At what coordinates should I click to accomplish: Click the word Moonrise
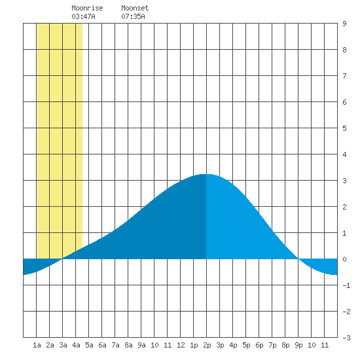point(87,9)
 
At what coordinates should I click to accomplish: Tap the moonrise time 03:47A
point(83,16)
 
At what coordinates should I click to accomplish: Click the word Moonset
point(135,9)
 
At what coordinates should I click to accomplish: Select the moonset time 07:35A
point(133,16)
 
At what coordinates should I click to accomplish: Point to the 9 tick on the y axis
point(344,24)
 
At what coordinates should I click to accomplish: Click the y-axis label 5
point(344,128)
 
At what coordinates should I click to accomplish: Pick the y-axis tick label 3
point(344,181)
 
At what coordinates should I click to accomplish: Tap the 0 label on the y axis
point(344,259)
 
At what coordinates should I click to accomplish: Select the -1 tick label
point(346,285)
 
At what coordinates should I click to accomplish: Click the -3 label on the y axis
point(346,338)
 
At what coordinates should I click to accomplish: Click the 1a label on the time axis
point(37,345)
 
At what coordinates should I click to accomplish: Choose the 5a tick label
point(89,345)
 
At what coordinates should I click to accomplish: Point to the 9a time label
point(141,345)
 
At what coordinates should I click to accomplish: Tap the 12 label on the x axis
point(181,345)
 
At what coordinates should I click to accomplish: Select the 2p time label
point(207,345)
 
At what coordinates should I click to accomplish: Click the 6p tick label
point(259,345)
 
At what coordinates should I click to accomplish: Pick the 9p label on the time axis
point(298,345)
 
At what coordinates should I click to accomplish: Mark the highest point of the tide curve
point(206,174)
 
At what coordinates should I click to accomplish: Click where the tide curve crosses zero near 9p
point(298,259)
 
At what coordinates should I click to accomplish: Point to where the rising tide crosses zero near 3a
point(62,259)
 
